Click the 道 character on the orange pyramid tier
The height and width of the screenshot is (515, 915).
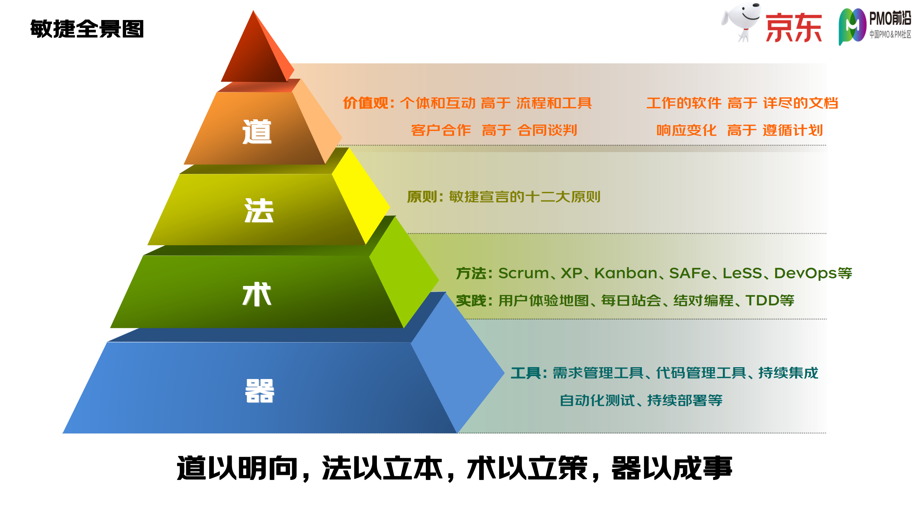point(257,132)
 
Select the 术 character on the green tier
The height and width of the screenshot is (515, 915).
point(257,294)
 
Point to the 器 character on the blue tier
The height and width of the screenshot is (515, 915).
point(260,391)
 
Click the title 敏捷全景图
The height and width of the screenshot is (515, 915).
point(87,29)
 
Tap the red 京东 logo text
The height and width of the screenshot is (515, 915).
point(793,28)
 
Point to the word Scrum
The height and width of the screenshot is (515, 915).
point(523,273)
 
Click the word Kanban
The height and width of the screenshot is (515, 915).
point(626,273)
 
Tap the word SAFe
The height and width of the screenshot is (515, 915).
point(690,273)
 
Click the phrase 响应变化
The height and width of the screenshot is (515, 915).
point(686,130)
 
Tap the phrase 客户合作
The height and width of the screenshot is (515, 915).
point(441,130)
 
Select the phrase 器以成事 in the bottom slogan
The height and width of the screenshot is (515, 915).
point(672,468)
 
